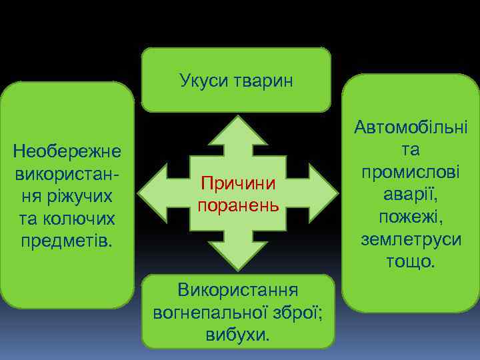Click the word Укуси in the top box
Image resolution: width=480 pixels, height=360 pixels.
(202, 81)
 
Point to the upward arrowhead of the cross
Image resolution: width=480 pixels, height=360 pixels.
(238, 130)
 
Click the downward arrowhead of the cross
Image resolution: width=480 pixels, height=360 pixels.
(238, 257)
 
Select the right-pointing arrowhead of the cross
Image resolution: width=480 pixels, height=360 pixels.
(321, 193)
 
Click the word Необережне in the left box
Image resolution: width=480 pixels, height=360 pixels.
(67, 152)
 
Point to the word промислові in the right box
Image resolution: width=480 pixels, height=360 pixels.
(411, 172)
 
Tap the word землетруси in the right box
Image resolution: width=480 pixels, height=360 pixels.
(411, 239)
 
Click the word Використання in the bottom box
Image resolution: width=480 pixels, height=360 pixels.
(237, 290)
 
